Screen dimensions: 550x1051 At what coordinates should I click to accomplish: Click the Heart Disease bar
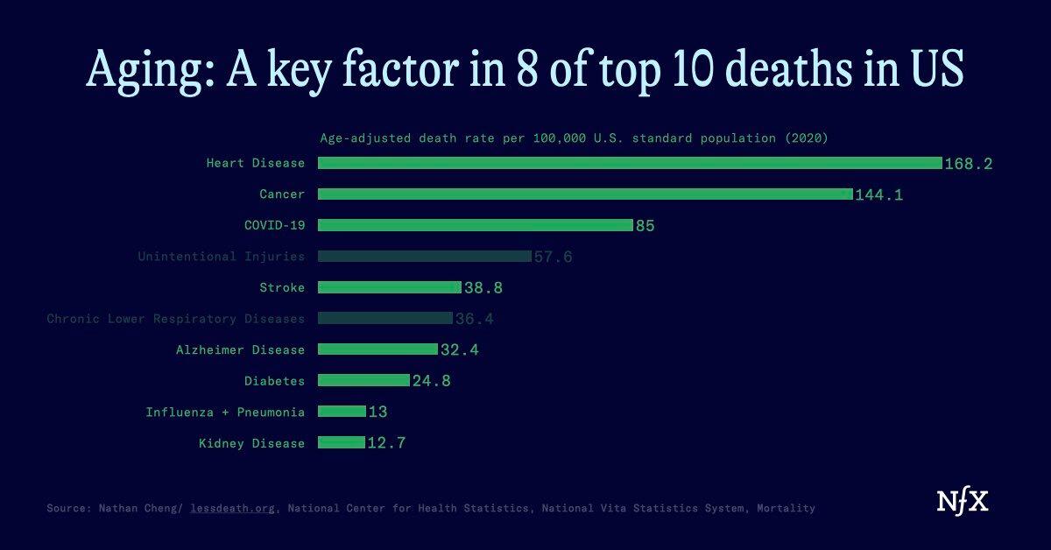point(629,163)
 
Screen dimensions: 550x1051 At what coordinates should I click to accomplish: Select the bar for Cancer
point(584,194)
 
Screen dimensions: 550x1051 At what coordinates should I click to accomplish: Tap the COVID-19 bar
point(475,225)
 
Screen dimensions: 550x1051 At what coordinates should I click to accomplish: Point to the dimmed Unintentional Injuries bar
point(424,257)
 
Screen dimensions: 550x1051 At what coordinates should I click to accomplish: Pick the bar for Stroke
point(389,287)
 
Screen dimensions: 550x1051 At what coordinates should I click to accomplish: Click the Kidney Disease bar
point(341,443)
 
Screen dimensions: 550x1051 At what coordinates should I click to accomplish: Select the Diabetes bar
point(363,381)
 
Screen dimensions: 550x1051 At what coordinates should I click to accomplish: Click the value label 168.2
point(969,164)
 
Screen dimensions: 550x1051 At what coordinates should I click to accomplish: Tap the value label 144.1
point(878,194)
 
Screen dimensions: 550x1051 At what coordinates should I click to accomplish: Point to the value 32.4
point(460,350)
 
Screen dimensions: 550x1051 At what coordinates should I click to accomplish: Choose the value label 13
point(377,412)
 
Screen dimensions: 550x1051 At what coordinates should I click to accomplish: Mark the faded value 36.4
point(475,319)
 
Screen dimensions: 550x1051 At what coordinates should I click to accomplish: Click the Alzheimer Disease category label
point(240,350)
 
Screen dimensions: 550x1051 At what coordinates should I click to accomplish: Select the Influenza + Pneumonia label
point(225,412)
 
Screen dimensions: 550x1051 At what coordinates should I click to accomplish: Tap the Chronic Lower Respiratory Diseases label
point(176,319)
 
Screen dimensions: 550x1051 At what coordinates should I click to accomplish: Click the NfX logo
point(963,502)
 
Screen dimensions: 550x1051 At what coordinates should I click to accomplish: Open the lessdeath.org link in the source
point(234,508)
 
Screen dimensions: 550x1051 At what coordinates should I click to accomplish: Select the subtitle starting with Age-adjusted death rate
point(574,138)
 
